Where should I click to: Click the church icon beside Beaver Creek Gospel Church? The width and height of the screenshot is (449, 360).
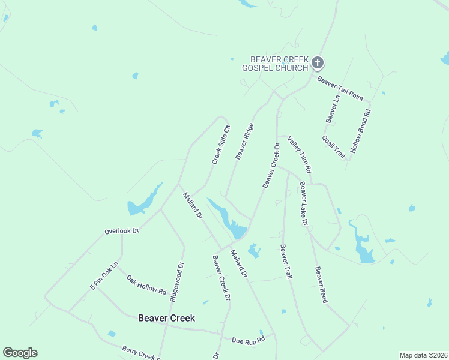tap(318, 62)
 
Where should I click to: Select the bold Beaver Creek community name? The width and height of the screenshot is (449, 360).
tap(166, 318)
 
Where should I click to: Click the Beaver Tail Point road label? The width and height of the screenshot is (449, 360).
tap(340, 88)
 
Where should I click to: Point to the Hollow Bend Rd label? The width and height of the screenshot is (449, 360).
tap(361, 131)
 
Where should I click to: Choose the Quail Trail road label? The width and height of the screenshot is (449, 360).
tap(334, 147)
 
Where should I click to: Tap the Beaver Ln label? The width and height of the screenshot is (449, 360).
tap(333, 109)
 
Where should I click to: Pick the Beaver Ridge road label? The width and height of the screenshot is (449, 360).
tap(244, 142)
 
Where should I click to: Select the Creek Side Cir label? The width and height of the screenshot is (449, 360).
tap(221, 145)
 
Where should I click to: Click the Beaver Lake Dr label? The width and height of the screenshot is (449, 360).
tap(304, 203)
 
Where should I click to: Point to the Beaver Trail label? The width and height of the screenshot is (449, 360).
tap(286, 262)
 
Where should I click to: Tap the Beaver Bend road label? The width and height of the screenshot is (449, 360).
tap(321, 284)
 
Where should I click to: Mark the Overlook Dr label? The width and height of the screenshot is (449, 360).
tap(121, 230)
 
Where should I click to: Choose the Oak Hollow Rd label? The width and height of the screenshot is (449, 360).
tap(146, 285)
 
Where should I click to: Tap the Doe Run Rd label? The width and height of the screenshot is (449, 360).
tap(248, 340)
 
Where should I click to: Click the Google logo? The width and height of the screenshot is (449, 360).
tap(20, 353)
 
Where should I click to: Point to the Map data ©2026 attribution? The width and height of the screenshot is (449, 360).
tap(423, 355)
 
